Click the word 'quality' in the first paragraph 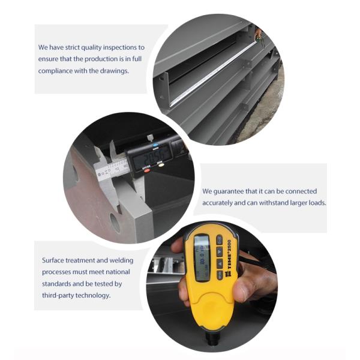[x=91, y=48]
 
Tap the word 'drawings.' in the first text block [x=115, y=71]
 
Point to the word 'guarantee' [x=229, y=191]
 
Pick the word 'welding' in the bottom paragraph [x=121, y=260]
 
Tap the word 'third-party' [x=58, y=295]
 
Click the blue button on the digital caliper [x=155, y=145]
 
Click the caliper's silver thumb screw [x=150, y=138]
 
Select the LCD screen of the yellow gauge [x=202, y=257]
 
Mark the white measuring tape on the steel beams [x=213, y=73]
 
